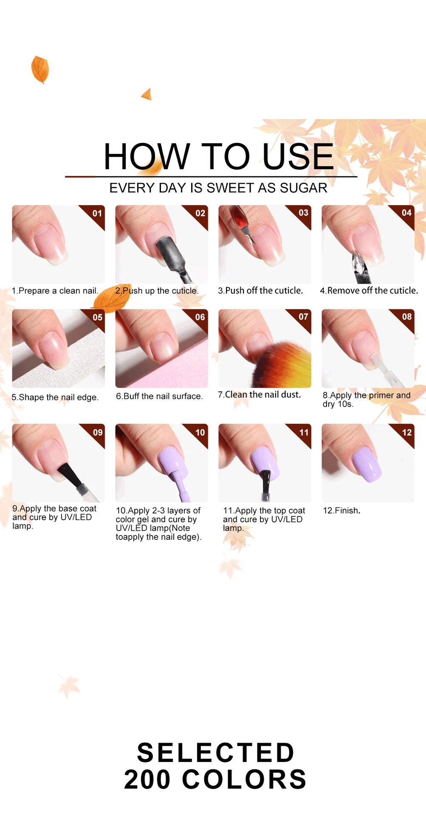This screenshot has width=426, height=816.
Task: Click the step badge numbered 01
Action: tap(97, 213)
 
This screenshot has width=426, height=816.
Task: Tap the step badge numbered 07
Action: tap(303, 317)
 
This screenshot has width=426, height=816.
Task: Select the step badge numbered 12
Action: tap(406, 433)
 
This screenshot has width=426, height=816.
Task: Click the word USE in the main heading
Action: tap(298, 157)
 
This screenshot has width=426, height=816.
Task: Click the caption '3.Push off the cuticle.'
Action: tap(260, 291)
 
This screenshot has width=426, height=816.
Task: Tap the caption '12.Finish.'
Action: tap(341, 510)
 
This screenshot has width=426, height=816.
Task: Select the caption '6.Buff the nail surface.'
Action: tap(159, 396)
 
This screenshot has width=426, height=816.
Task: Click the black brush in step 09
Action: tap(70, 475)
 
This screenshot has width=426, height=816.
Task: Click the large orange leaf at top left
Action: tap(40, 69)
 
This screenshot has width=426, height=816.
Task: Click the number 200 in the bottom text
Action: tap(147, 779)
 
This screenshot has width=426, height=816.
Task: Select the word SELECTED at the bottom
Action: tap(216, 753)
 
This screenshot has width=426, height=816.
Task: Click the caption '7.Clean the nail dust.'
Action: tap(259, 395)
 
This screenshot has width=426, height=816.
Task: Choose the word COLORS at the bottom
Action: tap(244, 779)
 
